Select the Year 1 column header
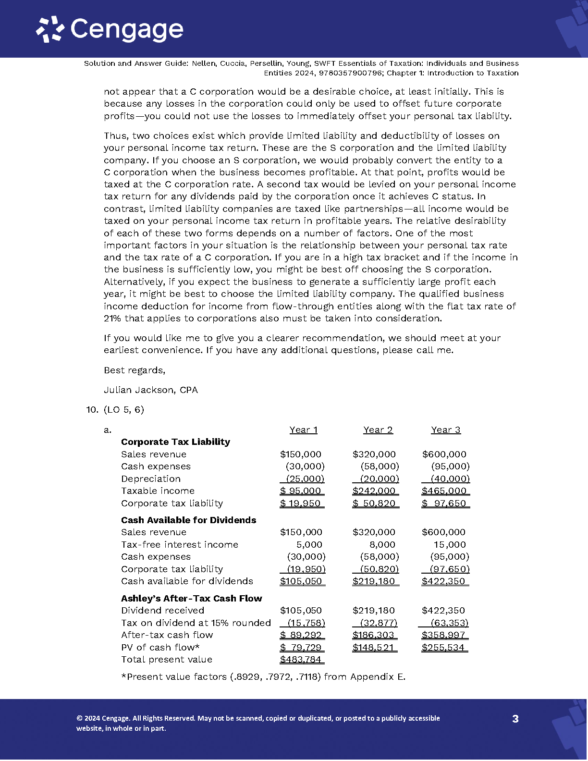(x=303, y=430)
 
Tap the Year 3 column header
(x=445, y=430)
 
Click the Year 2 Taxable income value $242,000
(x=375, y=491)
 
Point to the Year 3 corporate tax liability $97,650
(x=445, y=503)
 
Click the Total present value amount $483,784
(x=301, y=660)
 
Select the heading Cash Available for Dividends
(x=188, y=520)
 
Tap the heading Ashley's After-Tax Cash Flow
(x=191, y=599)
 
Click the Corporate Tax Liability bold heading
(x=175, y=442)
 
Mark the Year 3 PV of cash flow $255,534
(x=444, y=648)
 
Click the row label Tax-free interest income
(x=180, y=545)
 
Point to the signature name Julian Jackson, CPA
(x=151, y=390)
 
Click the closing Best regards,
(x=135, y=370)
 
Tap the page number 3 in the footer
(x=515, y=719)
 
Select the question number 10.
(x=92, y=410)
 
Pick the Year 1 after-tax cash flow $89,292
(x=302, y=635)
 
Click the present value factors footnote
(x=263, y=677)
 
